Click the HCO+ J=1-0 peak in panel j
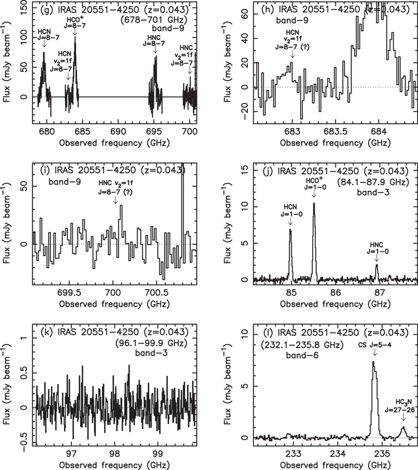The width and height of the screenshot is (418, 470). coord(314,204)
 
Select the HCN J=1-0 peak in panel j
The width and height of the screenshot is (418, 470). coord(290,230)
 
